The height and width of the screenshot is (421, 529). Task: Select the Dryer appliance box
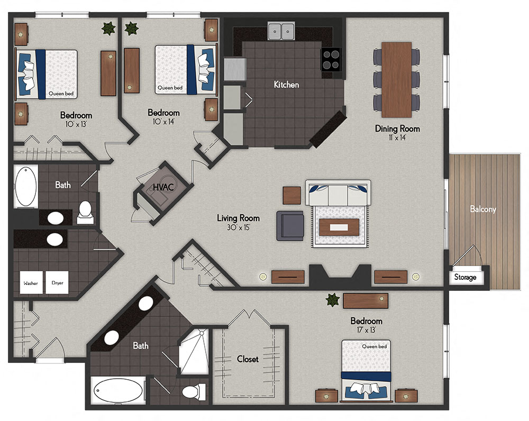pyautogui.click(x=57, y=282)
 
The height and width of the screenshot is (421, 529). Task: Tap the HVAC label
pyautogui.click(x=161, y=187)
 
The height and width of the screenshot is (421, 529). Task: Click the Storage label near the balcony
pyautogui.click(x=465, y=277)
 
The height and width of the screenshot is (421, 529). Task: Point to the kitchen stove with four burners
pyautogui.click(x=331, y=59)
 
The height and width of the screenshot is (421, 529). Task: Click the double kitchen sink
pyautogui.click(x=281, y=31)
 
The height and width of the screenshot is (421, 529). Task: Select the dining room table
pyautogui.click(x=396, y=79)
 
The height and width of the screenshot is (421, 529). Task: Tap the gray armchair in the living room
pyautogui.click(x=290, y=225)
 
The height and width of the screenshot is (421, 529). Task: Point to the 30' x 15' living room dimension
pyautogui.click(x=238, y=227)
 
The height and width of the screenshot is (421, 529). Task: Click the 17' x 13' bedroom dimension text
pyautogui.click(x=366, y=331)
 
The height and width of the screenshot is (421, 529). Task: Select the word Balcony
pyautogui.click(x=483, y=209)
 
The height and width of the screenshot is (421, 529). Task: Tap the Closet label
pyautogui.click(x=248, y=359)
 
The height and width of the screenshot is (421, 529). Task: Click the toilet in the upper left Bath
pyautogui.click(x=85, y=211)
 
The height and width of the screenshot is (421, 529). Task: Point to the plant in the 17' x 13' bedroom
pyautogui.click(x=332, y=300)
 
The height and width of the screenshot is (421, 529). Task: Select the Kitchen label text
pyautogui.click(x=286, y=85)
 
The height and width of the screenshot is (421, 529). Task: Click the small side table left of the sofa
pyautogui.click(x=291, y=195)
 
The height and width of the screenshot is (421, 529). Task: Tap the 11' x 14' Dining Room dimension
pyautogui.click(x=397, y=138)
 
